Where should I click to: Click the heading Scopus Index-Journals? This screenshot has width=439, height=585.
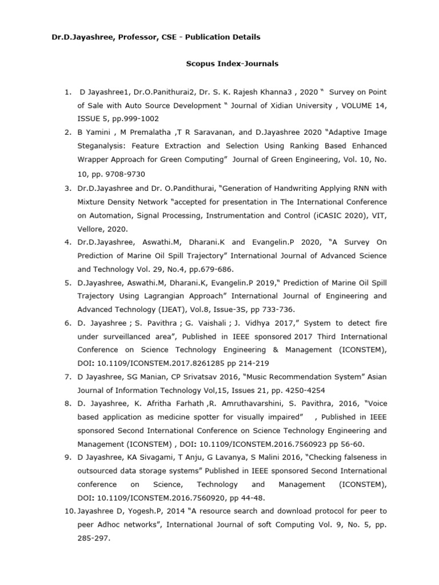(232, 63)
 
